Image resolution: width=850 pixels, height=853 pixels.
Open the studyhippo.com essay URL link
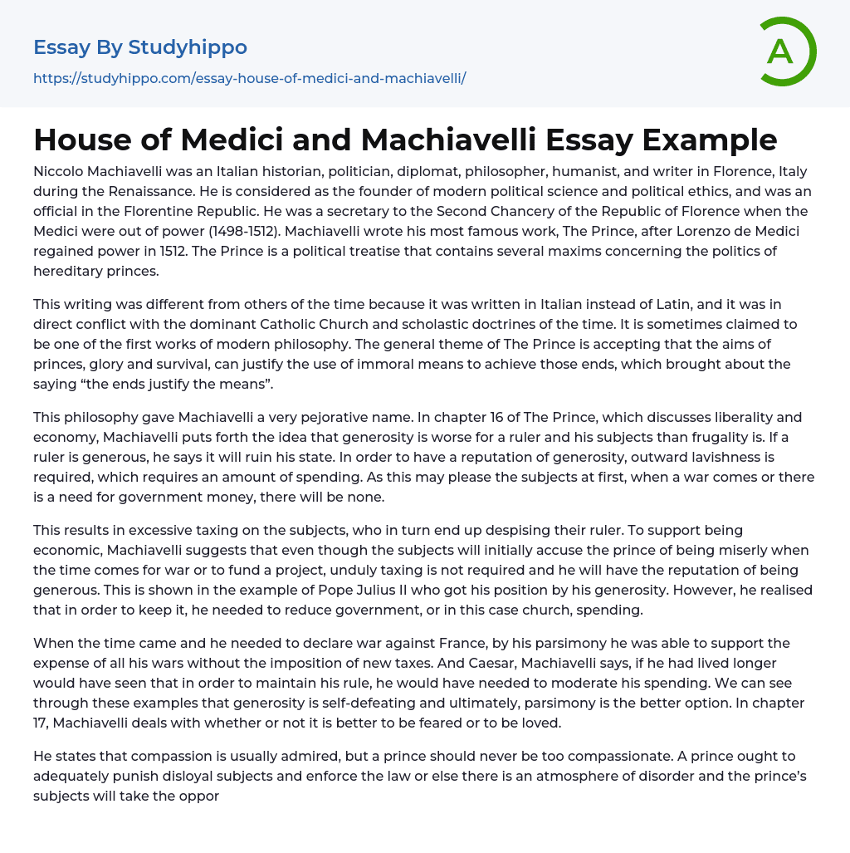coord(249,78)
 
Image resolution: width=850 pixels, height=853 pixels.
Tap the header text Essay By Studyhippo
coord(140,47)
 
